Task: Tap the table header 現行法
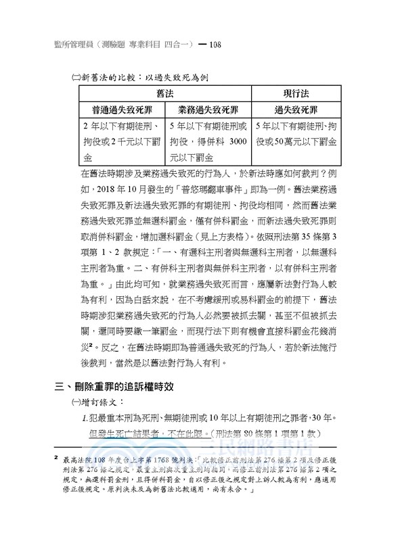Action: [x=296, y=92]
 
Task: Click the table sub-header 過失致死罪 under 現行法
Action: [x=296, y=109]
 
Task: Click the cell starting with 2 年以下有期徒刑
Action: [x=121, y=142]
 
